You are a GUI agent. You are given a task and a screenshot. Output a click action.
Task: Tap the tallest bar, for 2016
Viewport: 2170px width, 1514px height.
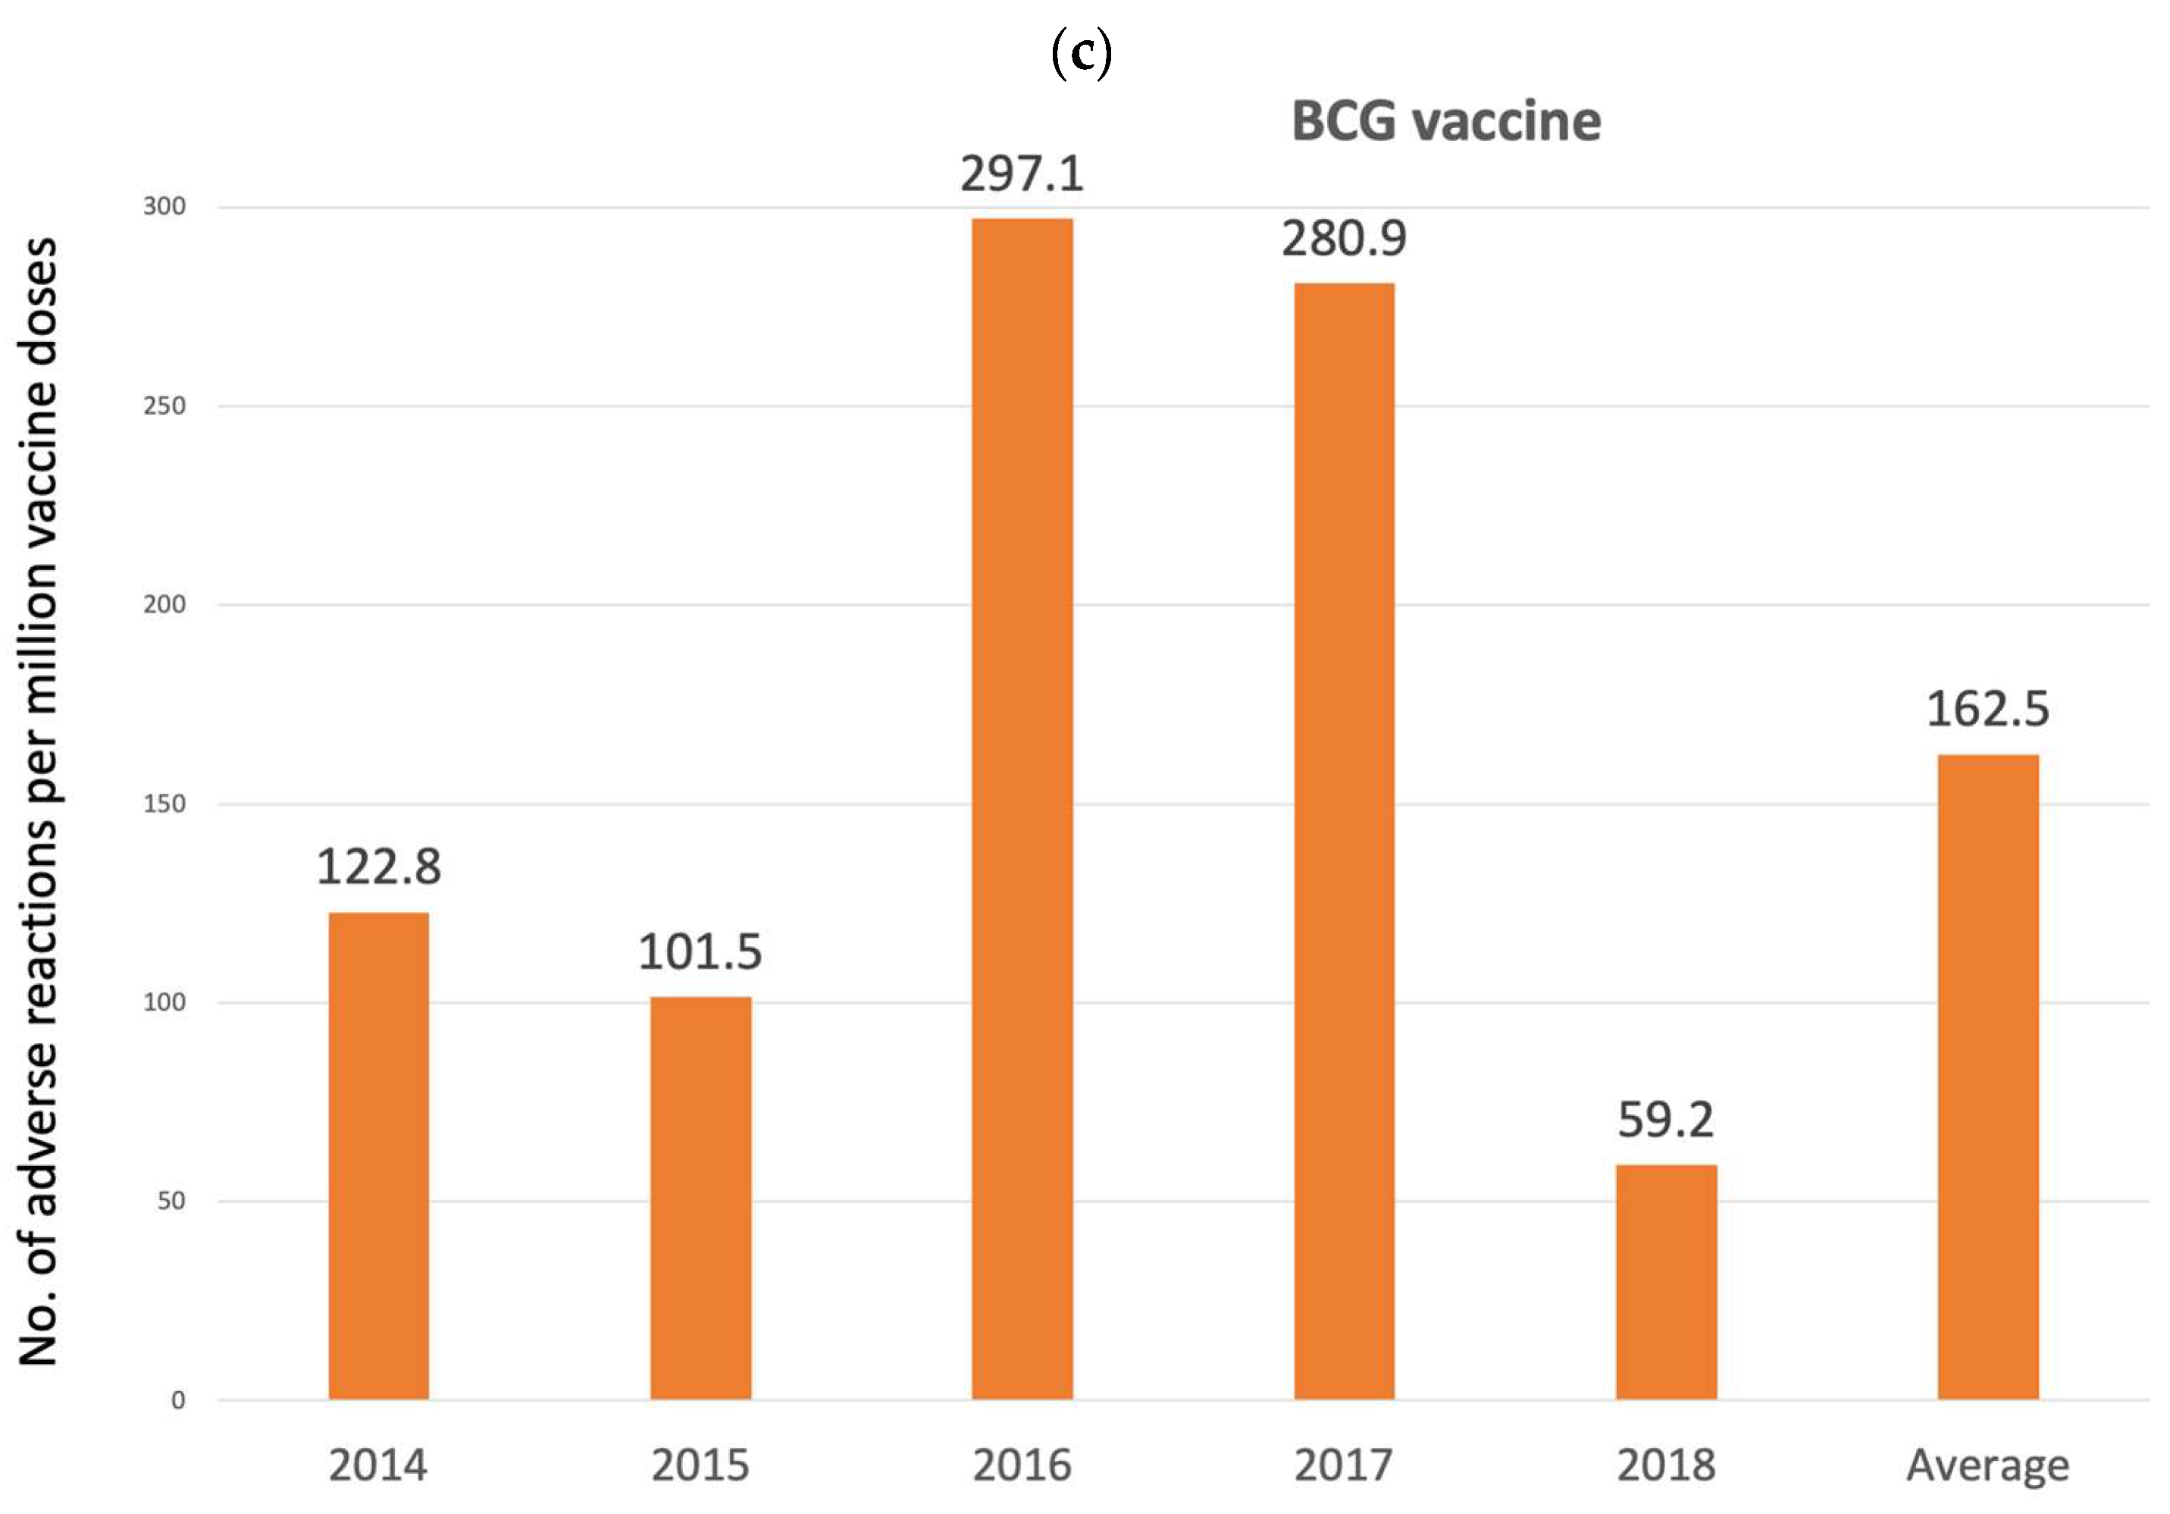coord(1022,808)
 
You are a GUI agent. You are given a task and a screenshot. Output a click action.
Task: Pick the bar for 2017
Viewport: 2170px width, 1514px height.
coord(1343,840)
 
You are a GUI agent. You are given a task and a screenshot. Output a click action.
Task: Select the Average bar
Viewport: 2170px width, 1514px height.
coord(1987,1077)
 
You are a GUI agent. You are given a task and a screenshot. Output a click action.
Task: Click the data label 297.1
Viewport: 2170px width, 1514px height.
coord(1022,174)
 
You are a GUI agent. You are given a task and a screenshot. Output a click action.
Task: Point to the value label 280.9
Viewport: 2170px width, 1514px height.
coord(1343,238)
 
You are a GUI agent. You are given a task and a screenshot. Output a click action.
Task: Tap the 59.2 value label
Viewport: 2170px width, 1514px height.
coord(1665,1120)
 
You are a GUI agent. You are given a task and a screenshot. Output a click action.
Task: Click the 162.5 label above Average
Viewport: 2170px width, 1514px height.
coord(1987,709)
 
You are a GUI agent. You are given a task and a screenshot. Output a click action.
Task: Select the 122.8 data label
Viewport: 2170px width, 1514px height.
coord(378,867)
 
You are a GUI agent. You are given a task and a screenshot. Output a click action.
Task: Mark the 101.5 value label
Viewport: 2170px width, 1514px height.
coord(700,951)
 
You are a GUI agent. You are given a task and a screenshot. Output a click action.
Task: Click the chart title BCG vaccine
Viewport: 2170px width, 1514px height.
coord(1446,122)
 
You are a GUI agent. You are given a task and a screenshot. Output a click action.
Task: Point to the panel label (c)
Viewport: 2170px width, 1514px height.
coord(1082,55)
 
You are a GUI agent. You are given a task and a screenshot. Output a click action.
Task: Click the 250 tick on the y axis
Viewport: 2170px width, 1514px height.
coord(164,406)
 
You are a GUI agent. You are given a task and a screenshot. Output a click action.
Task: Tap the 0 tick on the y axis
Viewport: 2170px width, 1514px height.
coord(177,1400)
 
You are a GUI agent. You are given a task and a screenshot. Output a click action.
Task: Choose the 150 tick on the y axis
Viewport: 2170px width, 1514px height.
coord(164,804)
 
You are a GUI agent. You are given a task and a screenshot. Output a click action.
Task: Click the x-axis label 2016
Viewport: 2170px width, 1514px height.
coord(1022,1465)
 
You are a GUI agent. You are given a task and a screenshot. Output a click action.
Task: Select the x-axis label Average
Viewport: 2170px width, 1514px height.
coord(1987,1465)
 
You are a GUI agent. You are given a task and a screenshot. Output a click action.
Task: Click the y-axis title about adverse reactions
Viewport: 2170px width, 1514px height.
coord(39,801)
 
